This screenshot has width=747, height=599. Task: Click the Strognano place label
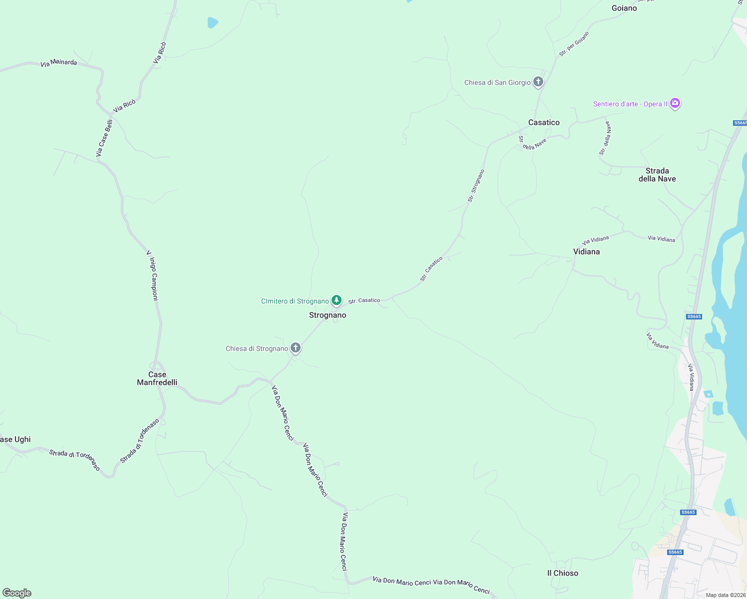pyautogui.click(x=328, y=315)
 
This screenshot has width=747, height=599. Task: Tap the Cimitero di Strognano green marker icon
pyautogui.click(x=337, y=300)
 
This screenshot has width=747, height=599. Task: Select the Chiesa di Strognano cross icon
pyautogui.click(x=296, y=347)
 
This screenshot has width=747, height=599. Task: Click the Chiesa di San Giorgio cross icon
pyautogui.click(x=538, y=81)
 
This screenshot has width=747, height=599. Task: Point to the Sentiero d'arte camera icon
pyautogui.click(x=675, y=103)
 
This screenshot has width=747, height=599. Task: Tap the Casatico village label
pyautogui.click(x=544, y=122)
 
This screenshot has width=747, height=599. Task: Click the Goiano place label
pyautogui.click(x=624, y=8)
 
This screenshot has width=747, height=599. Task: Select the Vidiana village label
pyautogui.click(x=586, y=252)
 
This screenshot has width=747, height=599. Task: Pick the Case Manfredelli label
pyautogui.click(x=157, y=378)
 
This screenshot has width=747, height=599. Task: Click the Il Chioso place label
pyautogui.click(x=563, y=573)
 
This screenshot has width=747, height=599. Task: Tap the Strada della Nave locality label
pyautogui.click(x=657, y=175)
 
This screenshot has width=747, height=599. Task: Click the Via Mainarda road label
pyautogui.click(x=59, y=63)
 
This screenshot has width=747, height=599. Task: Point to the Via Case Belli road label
pyautogui.click(x=104, y=138)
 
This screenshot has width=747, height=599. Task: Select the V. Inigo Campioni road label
pyautogui.click(x=152, y=276)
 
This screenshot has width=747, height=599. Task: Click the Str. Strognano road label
pyautogui.click(x=476, y=186)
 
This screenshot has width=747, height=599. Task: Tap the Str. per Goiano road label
pyautogui.click(x=574, y=43)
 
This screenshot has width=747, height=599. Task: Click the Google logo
pyautogui.click(x=16, y=593)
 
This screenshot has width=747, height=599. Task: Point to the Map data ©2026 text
pyautogui.click(x=726, y=595)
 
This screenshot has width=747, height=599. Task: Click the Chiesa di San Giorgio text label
pyautogui.click(x=497, y=82)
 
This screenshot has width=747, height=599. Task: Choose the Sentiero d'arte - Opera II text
pyautogui.click(x=630, y=104)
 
